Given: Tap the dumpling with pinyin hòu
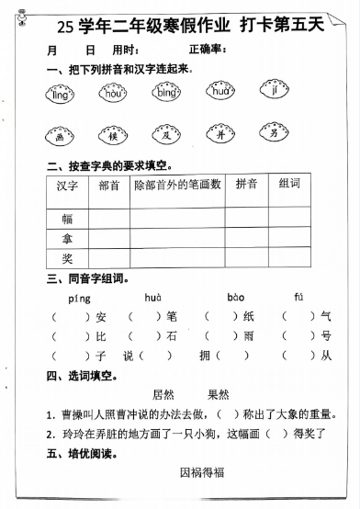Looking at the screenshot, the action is pyautogui.click(x=114, y=93).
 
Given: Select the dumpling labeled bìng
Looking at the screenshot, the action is pyautogui.click(x=167, y=93).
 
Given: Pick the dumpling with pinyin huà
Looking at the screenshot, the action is pyautogui.click(x=220, y=92).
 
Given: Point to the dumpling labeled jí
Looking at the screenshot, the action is pyautogui.click(x=274, y=92).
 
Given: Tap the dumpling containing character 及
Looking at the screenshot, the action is pyautogui.click(x=168, y=137).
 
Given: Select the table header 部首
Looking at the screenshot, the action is pyautogui.click(x=107, y=185).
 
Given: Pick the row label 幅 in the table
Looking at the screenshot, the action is pyautogui.click(x=67, y=219).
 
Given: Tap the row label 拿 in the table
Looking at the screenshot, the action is pyautogui.click(x=67, y=238).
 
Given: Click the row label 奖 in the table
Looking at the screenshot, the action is pyautogui.click(x=67, y=258).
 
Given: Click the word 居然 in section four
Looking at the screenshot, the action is pyautogui.click(x=163, y=395).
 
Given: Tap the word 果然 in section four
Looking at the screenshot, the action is pyautogui.click(x=218, y=395).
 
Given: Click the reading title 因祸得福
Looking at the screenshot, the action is pyautogui.click(x=202, y=473).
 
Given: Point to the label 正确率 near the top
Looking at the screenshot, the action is pyautogui.click(x=207, y=49).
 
